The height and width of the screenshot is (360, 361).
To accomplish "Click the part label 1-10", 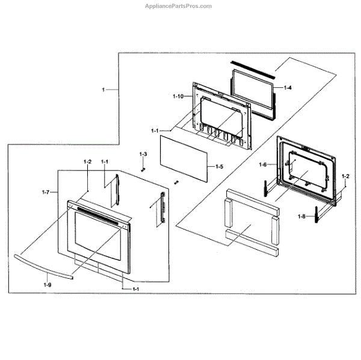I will coord(177,97).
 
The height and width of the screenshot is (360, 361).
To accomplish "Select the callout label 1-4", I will coord(288,88).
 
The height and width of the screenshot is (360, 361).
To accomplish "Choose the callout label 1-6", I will coord(263,164).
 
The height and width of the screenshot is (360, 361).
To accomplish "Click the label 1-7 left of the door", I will coord(45,192).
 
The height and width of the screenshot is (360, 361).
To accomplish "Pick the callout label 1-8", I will coord(303,216).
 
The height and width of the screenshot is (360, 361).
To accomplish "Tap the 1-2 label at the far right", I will coord(345,176).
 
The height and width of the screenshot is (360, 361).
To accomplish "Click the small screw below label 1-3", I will coord(143,169).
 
